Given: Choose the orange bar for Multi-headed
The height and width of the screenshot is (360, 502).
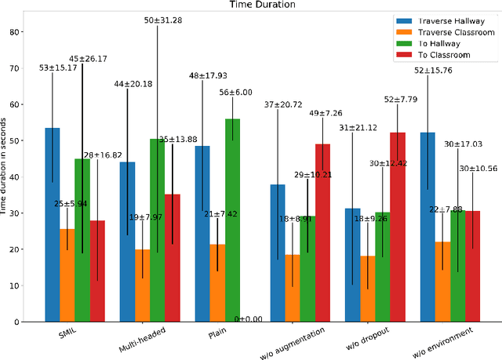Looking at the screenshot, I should pyautogui.click(x=142, y=285).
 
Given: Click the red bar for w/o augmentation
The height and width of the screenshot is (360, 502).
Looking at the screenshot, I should pyautogui.click(x=322, y=232).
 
